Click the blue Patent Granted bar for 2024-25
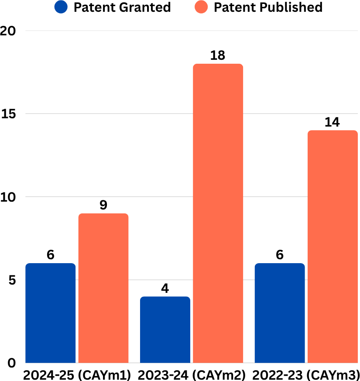tap(51, 313)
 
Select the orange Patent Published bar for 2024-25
tap(103, 288)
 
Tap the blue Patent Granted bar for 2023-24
tap(165, 330)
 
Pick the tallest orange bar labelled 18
tap(218, 213)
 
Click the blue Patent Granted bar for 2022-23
tap(280, 313)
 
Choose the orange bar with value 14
tap(333, 247)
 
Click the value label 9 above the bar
tap(103, 205)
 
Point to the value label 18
tap(218, 55)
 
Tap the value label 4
tap(165, 288)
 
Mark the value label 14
tap(333, 122)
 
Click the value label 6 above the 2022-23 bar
tap(280, 255)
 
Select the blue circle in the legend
tap(61, 7)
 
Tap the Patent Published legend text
tap(268, 7)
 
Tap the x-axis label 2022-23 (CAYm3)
tap(305, 374)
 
